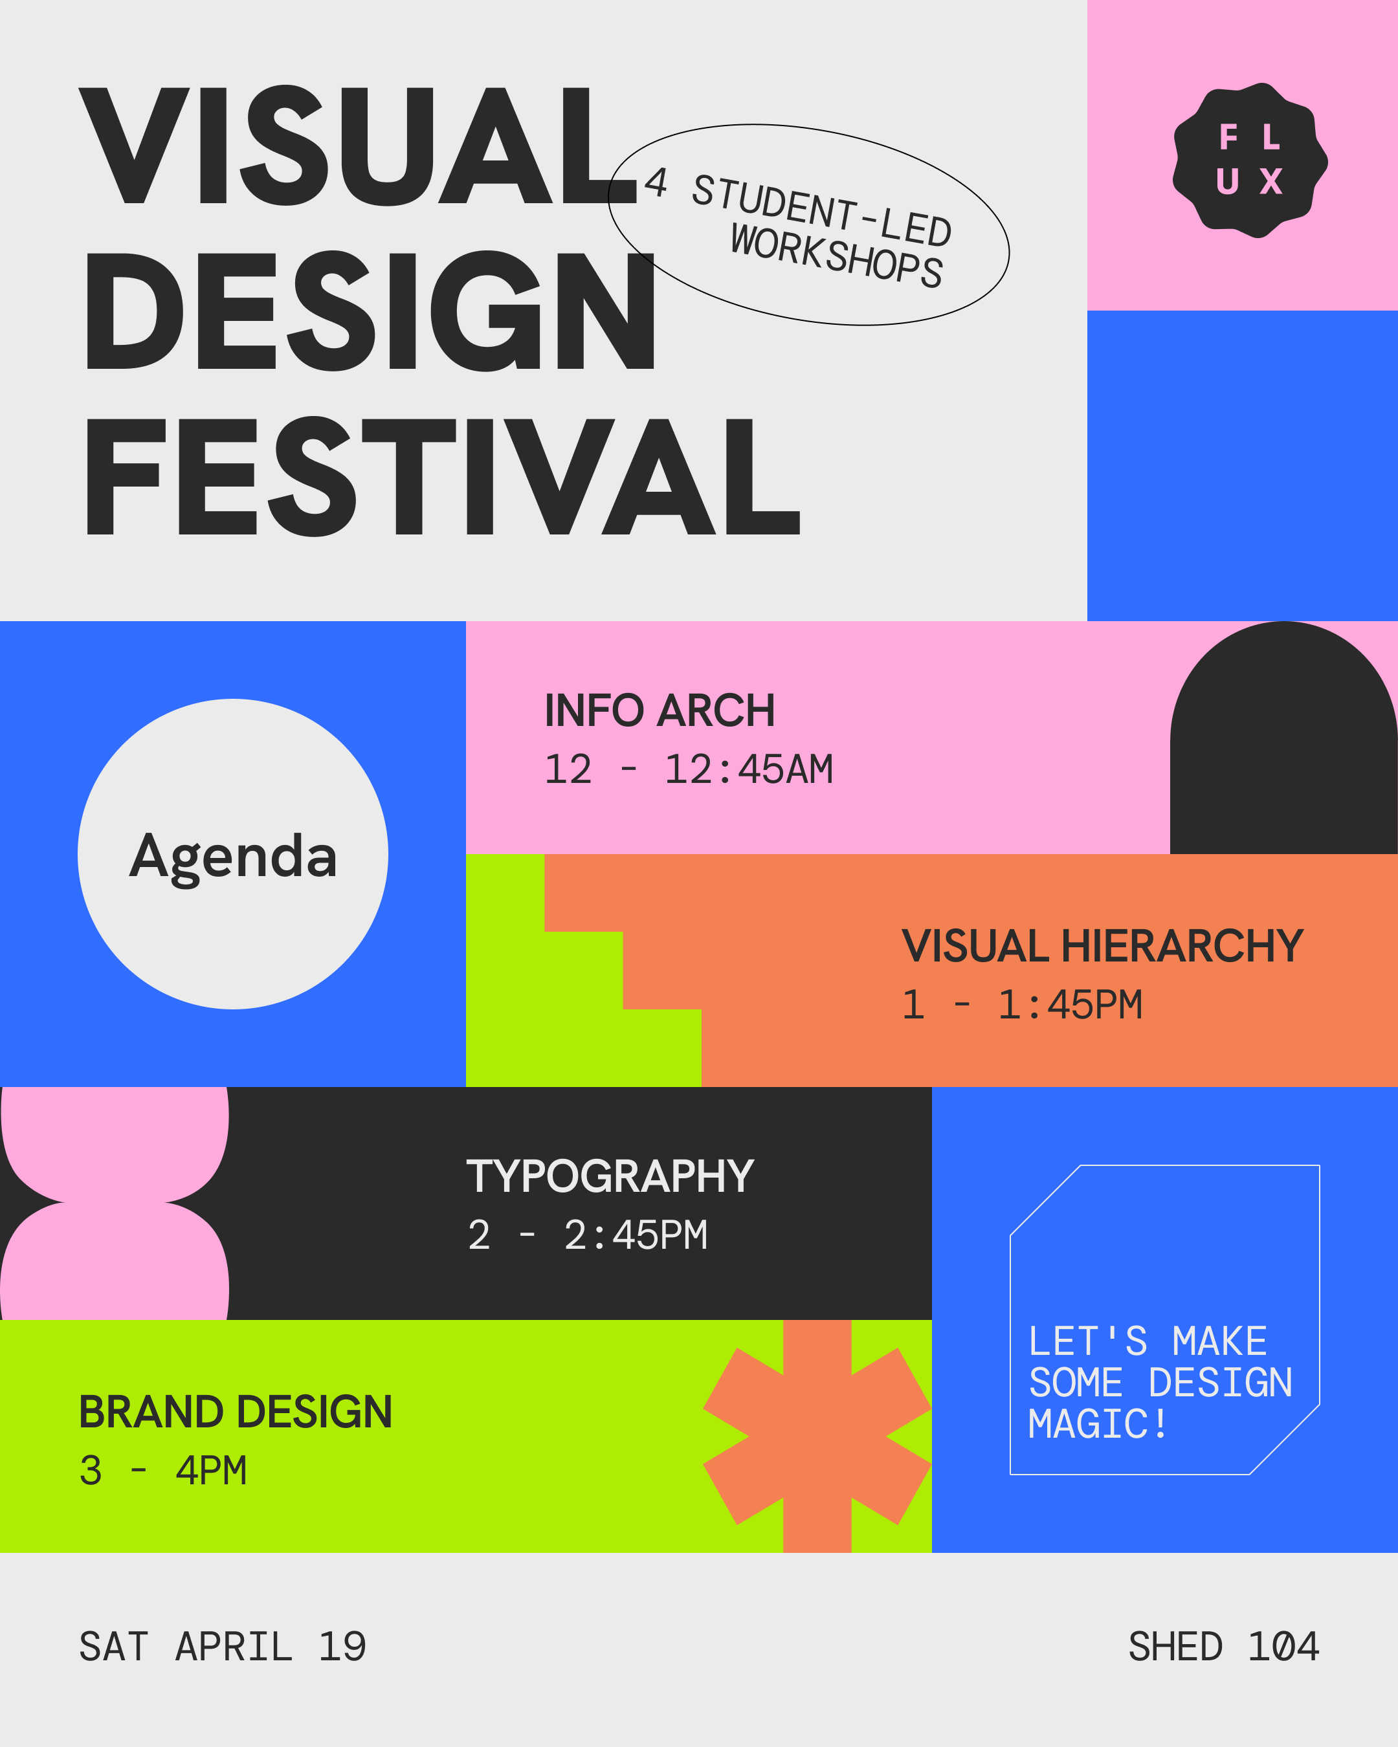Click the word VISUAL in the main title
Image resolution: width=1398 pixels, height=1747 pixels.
coord(358,145)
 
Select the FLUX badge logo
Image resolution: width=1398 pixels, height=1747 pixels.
coord(1250,160)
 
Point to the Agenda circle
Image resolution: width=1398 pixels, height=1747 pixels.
coord(232,854)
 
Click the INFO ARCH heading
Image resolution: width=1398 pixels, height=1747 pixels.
coord(660,710)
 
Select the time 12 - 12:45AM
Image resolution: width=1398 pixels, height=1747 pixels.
coord(689,769)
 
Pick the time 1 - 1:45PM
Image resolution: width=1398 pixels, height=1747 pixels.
coord(1022,1005)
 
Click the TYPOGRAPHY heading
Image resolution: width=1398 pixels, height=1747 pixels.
coord(610,1176)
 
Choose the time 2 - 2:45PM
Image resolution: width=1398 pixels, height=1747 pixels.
coord(588,1236)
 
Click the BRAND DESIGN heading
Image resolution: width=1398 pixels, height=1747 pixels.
coord(236,1412)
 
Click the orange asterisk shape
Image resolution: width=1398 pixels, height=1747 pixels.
coord(817,1436)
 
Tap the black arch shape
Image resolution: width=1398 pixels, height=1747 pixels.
coord(1283,738)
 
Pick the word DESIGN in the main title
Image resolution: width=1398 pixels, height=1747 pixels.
coord(370,311)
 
